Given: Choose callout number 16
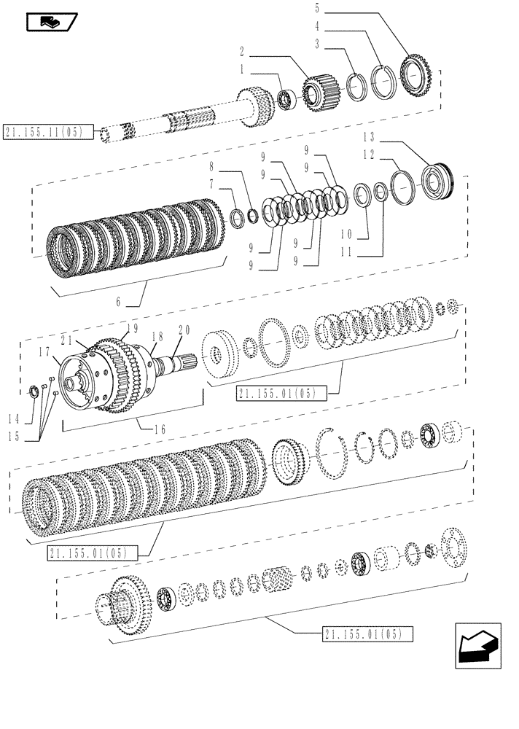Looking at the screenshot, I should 161,429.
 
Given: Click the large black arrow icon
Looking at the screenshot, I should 477,646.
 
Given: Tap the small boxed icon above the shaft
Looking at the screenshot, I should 51,23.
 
